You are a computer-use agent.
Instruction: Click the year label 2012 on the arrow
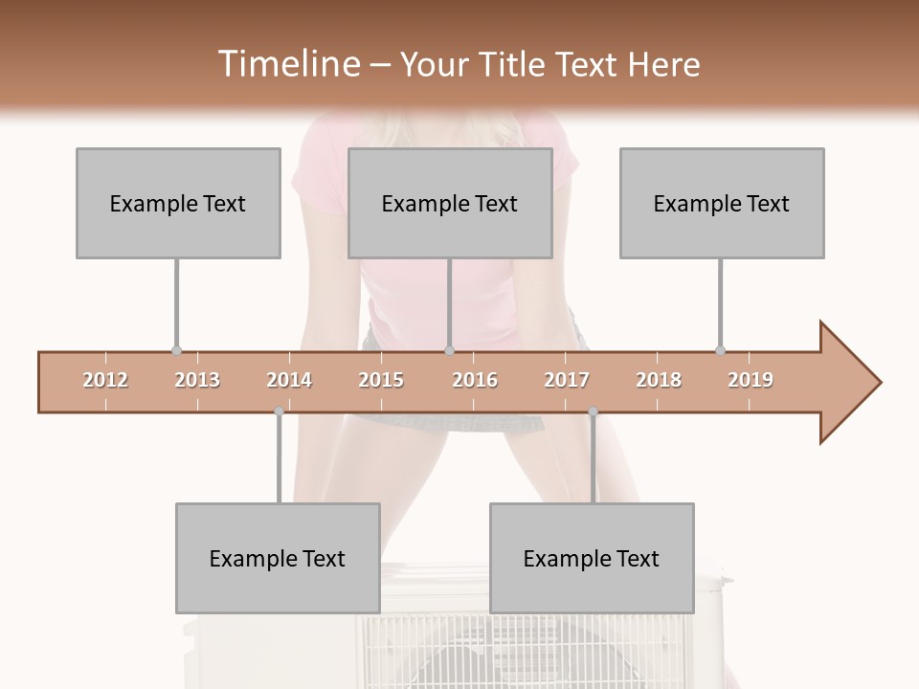pyautogui.click(x=105, y=380)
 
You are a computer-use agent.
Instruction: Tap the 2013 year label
pyautogui.click(x=197, y=380)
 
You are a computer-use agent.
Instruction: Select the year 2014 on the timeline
pyautogui.click(x=289, y=380)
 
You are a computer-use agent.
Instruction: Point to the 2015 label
pyautogui.click(x=381, y=380)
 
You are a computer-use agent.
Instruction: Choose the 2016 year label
pyautogui.click(x=475, y=380)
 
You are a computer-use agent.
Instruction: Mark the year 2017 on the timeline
pyautogui.click(x=567, y=380)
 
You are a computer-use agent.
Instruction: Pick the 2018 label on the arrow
pyautogui.click(x=659, y=380)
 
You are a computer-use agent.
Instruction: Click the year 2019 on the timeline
pyautogui.click(x=751, y=380)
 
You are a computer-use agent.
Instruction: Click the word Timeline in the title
pyautogui.click(x=287, y=64)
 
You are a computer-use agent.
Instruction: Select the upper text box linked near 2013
pyautogui.click(x=178, y=203)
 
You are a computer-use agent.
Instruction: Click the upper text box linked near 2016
pyautogui.click(x=450, y=203)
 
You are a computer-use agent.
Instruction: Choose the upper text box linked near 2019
pyautogui.click(x=722, y=203)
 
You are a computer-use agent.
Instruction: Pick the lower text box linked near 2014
pyautogui.click(x=278, y=558)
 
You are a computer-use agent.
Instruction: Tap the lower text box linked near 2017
pyautogui.click(x=592, y=558)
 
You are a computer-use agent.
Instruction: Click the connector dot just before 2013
pyautogui.click(x=176, y=351)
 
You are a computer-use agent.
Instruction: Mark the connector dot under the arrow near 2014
pyautogui.click(x=279, y=412)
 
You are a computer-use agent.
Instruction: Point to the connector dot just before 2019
pyautogui.click(x=720, y=351)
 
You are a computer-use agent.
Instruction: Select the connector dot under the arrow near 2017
pyautogui.click(x=593, y=412)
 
